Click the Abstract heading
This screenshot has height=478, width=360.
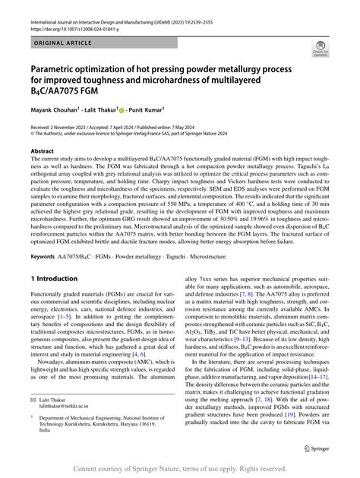43,152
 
